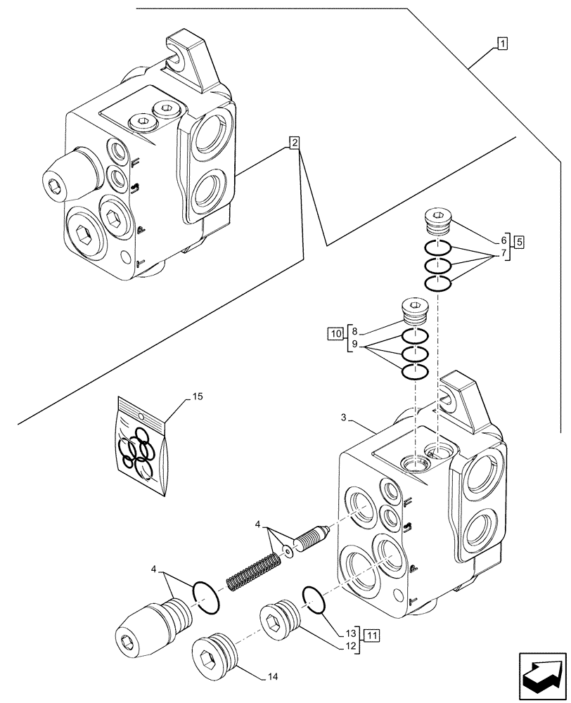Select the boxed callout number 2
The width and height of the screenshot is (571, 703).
[x=295, y=143]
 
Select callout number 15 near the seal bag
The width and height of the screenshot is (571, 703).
[x=198, y=397]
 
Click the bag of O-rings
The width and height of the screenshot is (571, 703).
[x=143, y=447]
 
